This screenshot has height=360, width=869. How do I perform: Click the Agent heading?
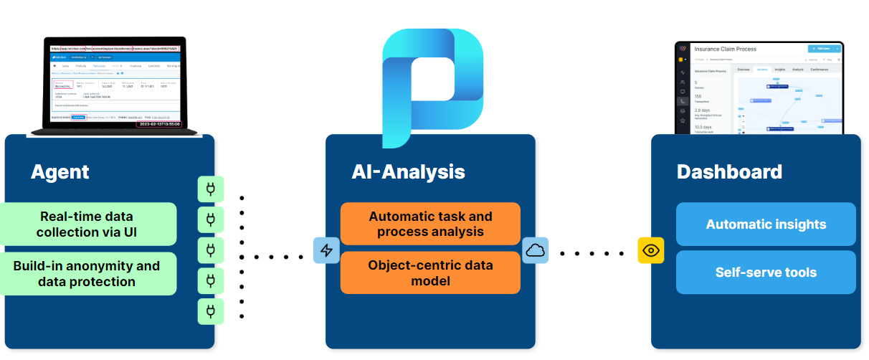tap(60, 172)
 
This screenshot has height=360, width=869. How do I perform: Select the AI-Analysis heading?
tap(408, 172)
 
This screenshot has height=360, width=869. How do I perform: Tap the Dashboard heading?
tap(729, 172)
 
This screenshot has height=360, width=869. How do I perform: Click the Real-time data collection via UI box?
tap(87, 224)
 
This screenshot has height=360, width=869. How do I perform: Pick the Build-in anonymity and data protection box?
tap(87, 273)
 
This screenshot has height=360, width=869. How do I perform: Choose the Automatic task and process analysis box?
tap(430, 224)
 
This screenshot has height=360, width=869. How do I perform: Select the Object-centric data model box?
tap(430, 273)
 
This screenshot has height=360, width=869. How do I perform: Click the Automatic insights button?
tap(766, 224)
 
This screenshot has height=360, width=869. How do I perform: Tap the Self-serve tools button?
tap(766, 273)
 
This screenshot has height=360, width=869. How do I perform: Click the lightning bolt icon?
tap(326, 250)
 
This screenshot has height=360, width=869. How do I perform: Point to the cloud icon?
tap(535, 250)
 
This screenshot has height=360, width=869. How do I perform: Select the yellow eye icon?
tap(651, 250)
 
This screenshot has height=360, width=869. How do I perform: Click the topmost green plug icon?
tap(211, 189)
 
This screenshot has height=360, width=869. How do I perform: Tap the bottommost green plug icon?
tap(211, 311)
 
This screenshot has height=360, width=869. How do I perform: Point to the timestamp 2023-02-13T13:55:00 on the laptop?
tap(158, 123)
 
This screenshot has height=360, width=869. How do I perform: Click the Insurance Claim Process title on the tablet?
tap(726, 49)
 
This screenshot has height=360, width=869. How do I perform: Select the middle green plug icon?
tap(211, 250)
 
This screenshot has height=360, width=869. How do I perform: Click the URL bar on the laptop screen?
tap(115, 49)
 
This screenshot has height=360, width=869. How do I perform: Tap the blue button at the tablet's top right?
tap(823, 49)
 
